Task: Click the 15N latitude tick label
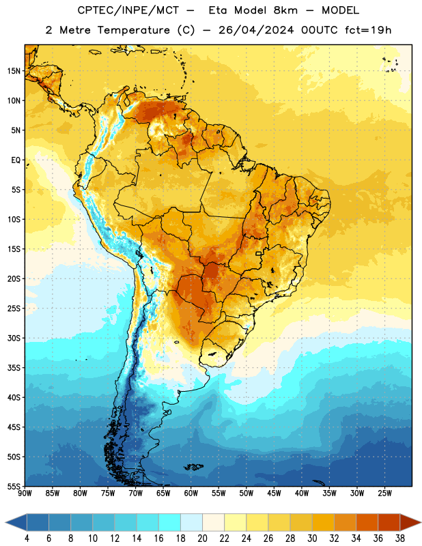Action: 14,71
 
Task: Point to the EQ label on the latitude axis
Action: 16,160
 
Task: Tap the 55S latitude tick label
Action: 14,486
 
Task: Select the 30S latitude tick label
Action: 14,338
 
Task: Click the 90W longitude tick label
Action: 25,493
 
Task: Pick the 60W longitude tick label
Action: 191,493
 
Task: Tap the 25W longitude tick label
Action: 384,493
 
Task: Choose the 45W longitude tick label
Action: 274,493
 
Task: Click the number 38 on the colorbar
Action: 400,538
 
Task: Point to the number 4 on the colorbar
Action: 27,538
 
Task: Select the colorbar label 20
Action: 202,538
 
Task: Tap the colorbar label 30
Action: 312,538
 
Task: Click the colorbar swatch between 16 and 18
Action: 169,522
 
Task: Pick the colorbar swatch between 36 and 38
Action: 389,522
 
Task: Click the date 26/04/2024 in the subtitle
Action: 256,30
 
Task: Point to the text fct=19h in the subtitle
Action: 368,30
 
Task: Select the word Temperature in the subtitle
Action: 133,30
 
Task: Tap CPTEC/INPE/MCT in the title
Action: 128,10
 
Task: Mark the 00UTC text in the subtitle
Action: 320,30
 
